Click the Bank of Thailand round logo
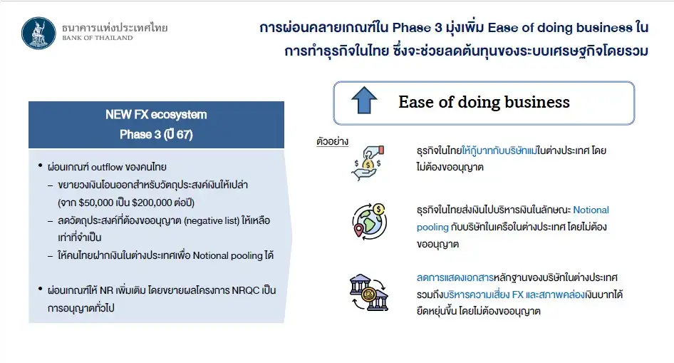tap(38, 33)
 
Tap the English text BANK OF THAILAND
tap(98, 38)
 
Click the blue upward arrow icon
tap(364, 101)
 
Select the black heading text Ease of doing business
tap(484, 103)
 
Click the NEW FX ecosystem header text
tap(156, 115)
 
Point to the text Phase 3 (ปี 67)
tap(156, 135)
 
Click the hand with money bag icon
tap(368, 163)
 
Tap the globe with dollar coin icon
tap(369, 221)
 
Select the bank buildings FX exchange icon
tap(369, 292)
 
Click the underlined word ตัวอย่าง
tap(332, 141)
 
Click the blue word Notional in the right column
tap(591, 210)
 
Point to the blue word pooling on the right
tap(432, 227)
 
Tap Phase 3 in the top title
tap(417, 28)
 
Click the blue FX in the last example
tap(517, 295)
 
